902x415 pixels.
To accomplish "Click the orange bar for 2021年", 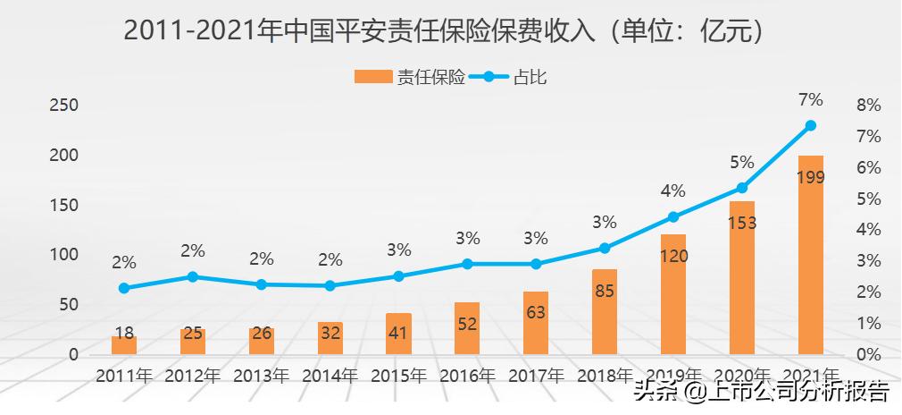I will tap(810, 255).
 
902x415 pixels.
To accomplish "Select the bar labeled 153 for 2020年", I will tap(741, 277).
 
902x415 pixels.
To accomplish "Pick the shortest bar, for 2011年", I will tap(124, 344).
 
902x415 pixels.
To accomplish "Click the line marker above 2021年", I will tap(810, 126).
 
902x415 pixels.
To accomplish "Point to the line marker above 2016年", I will tap(467, 264).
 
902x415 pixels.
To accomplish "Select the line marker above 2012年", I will tap(193, 277).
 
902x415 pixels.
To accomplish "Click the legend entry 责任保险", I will tap(411, 77).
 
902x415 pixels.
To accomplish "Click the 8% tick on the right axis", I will tap(868, 106).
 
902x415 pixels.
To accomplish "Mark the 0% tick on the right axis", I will tap(868, 354).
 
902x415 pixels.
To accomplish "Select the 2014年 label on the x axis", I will tap(330, 377).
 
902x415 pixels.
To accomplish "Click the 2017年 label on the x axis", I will tap(536, 377).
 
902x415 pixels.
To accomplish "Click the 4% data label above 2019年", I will tap(673, 191).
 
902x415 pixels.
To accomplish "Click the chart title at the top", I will tap(445, 31).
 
